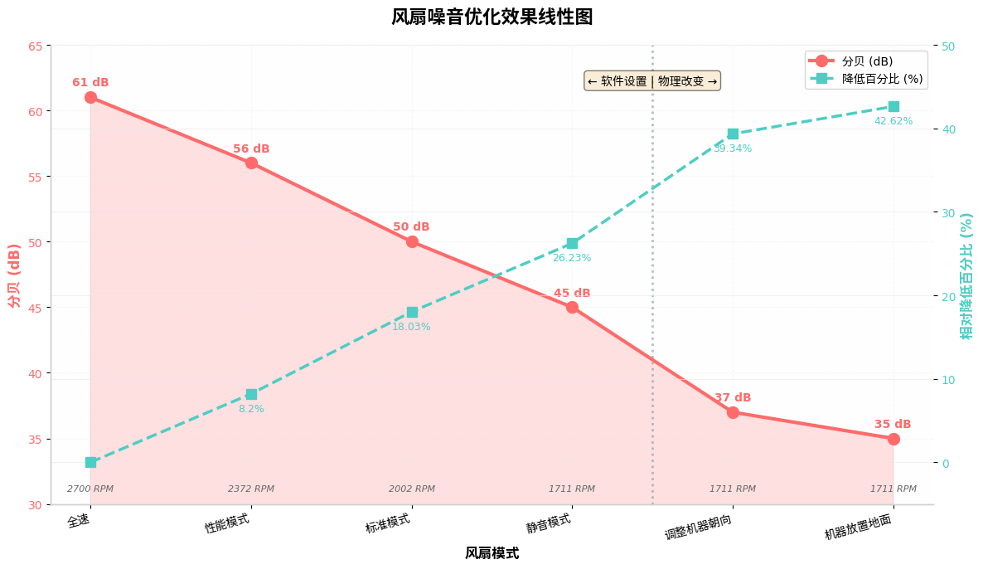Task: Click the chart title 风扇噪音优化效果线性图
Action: tap(491, 17)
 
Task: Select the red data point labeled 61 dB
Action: tap(90, 97)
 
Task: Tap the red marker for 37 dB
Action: tap(733, 412)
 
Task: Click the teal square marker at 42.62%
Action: tap(893, 106)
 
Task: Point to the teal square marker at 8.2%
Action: tap(251, 394)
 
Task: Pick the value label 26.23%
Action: tap(572, 258)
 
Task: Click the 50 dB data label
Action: tap(411, 227)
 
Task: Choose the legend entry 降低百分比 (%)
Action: tap(882, 78)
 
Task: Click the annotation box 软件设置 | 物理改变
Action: tap(652, 80)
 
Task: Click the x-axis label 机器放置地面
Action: tap(859, 527)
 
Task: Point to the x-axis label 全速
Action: tap(79, 521)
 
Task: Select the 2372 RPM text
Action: tap(251, 489)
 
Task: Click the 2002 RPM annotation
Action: tap(412, 489)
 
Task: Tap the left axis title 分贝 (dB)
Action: tap(14, 275)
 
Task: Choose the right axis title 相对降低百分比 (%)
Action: tap(966, 275)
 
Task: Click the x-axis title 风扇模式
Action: tap(491, 553)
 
